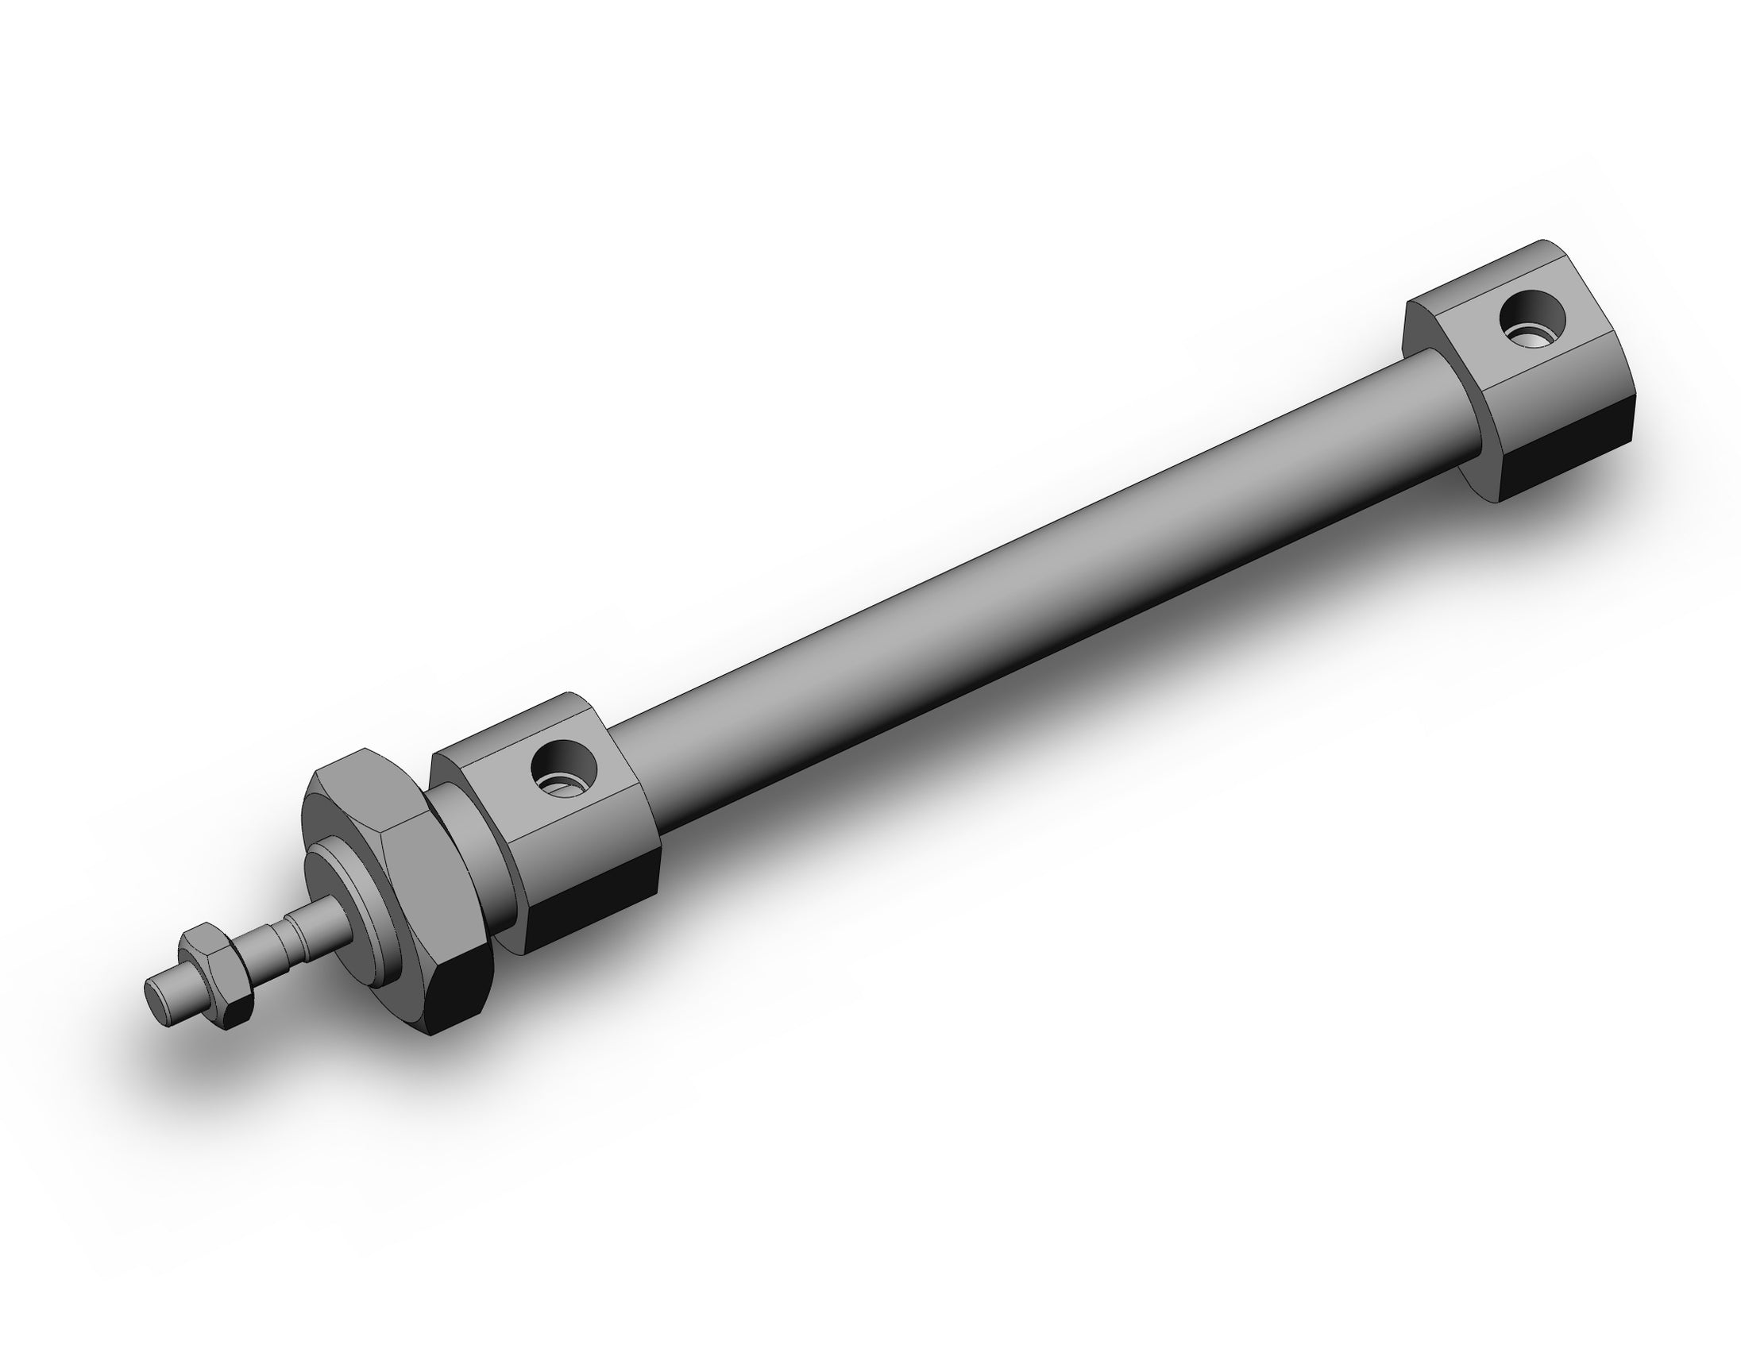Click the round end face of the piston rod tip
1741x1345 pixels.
coord(159,995)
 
